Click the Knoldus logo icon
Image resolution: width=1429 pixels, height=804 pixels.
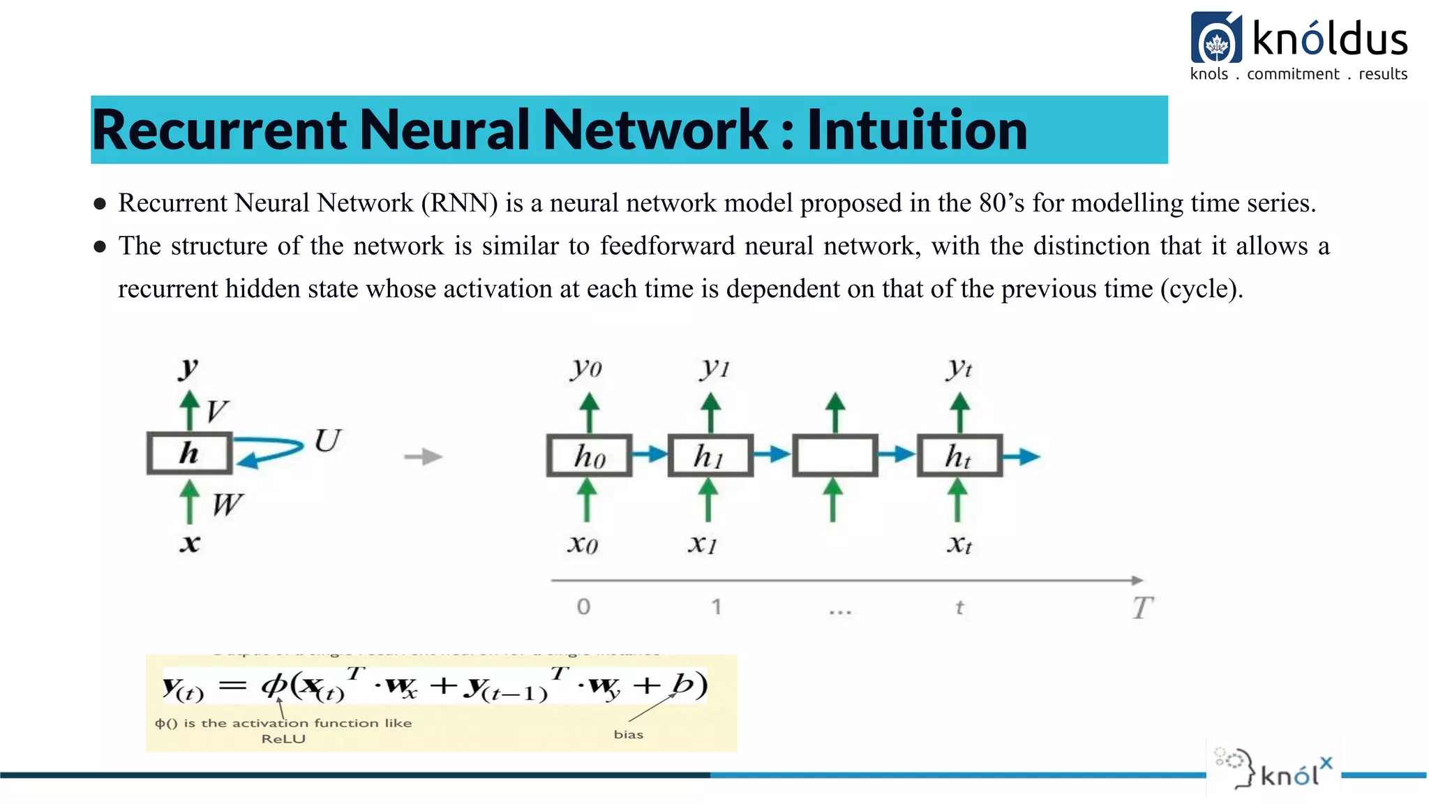point(1216,38)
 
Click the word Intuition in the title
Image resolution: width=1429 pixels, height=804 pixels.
point(917,131)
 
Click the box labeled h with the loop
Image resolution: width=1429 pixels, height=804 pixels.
point(189,454)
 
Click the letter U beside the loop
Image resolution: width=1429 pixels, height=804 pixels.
point(327,441)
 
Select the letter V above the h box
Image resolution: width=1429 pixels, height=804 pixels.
point(217,411)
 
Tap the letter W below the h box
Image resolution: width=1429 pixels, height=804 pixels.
point(227,504)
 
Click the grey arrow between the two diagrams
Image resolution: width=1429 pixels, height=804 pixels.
point(424,456)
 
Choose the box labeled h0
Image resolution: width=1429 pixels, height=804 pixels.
point(589,456)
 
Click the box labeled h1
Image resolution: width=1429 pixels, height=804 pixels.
point(710,456)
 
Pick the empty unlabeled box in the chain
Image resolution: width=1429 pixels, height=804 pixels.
point(835,456)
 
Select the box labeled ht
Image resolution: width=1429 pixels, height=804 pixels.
point(959,456)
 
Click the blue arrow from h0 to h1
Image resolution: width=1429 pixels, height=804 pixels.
point(650,454)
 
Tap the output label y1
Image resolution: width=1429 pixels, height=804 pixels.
point(714,367)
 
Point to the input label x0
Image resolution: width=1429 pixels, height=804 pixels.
point(583,544)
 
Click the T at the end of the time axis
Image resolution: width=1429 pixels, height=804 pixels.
point(1142,608)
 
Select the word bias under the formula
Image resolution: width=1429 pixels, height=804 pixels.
point(628,734)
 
